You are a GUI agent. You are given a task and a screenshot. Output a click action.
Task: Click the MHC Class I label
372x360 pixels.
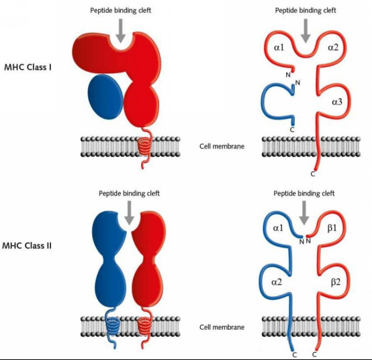point(28,67)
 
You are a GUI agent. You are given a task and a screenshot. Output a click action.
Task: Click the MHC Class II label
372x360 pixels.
point(27,245)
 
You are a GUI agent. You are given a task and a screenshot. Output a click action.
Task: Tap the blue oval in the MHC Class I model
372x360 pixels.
point(105,97)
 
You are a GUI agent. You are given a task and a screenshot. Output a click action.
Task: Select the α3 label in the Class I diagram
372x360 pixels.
point(337,102)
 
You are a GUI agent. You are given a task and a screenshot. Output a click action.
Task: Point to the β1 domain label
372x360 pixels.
point(332,228)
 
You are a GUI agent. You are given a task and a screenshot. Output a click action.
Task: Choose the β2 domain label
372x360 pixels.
point(336,282)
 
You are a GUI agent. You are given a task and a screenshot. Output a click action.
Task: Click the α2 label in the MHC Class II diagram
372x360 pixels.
point(277,282)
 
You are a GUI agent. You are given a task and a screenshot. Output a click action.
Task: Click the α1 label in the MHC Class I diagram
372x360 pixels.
point(279,48)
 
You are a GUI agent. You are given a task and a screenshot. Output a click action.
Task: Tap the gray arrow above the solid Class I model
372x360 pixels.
point(121,31)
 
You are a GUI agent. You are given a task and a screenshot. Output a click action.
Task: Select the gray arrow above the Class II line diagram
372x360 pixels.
point(304,213)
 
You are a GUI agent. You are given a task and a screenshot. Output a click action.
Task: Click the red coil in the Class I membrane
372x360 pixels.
point(144,146)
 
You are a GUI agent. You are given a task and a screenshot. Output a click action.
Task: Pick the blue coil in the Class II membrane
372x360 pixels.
point(113,326)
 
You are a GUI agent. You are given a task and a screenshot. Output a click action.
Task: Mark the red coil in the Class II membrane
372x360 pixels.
point(144,326)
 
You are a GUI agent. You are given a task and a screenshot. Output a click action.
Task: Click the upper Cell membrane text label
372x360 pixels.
point(222,146)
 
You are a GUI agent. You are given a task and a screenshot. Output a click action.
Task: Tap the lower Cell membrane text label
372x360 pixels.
point(222,327)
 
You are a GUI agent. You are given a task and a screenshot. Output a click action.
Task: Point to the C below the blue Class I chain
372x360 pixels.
point(292,130)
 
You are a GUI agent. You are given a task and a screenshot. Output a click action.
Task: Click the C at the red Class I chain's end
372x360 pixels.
point(313,174)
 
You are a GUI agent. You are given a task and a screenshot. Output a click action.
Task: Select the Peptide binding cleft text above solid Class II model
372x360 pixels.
point(130,193)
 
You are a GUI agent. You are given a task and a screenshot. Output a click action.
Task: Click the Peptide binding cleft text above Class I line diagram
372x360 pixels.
point(306,11)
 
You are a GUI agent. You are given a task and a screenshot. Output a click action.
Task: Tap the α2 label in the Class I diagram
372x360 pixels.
point(333,48)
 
